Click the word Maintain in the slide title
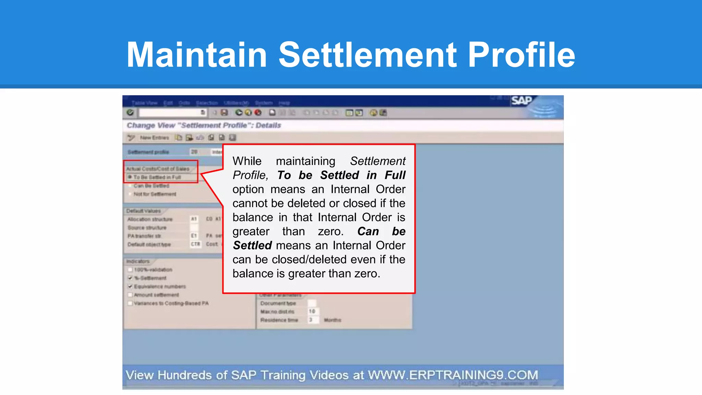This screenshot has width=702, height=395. [x=197, y=55]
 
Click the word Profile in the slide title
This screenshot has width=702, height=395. [x=521, y=55]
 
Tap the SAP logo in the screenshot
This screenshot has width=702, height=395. [x=521, y=101]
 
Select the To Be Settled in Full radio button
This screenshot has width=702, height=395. [x=130, y=177]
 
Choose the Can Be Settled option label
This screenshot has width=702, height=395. [x=151, y=186]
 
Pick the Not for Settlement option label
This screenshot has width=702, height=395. [x=155, y=194]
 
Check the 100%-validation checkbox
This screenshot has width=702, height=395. [x=130, y=270]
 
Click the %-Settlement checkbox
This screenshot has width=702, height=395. [x=130, y=278]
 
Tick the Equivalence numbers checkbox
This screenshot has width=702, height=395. [x=130, y=286]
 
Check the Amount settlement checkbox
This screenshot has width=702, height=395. [x=130, y=295]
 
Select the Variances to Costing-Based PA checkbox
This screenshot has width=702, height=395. [x=130, y=303]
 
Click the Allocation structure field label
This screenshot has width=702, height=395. [x=150, y=219]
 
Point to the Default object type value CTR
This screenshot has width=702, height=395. [x=195, y=244]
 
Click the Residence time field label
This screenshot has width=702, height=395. [x=279, y=320]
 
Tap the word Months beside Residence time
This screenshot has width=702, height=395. [x=332, y=320]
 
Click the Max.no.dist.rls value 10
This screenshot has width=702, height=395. [x=312, y=311]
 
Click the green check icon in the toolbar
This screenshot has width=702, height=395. [x=130, y=112]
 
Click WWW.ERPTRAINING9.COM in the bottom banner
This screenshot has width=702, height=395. [x=453, y=375]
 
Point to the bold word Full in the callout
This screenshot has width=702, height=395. [x=395, y=175]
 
